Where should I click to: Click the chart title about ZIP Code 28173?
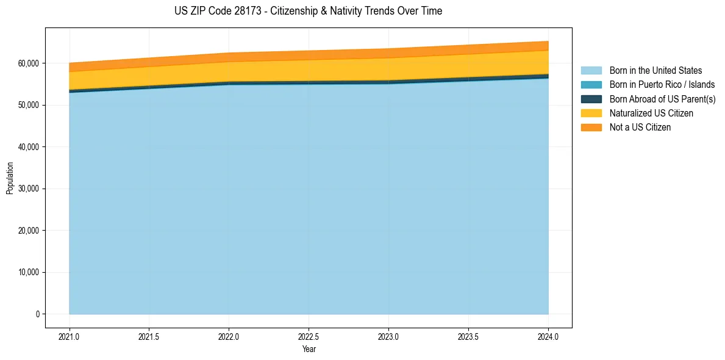tap(308, 11)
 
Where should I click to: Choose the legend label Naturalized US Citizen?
tap(651, 113)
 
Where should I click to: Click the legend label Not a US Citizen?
tap(640, 128)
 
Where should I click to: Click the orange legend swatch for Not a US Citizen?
tap(591, 128)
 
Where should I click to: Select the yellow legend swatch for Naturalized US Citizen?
tap(591, 113)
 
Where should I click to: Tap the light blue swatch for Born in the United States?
tap(591, 71)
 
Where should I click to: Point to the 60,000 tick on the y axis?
tap(28, 63)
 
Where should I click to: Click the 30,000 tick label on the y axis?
tap(28, 189)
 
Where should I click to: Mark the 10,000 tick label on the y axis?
tap(28, 273)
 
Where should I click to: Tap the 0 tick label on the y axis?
tap(37, 314)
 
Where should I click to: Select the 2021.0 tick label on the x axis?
tap(70, 336)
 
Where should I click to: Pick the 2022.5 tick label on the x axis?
tap(309, 336)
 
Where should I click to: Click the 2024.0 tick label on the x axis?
tap(548, 336)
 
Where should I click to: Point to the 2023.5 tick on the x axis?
tap(468, 336)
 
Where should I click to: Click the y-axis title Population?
tap(10, 178)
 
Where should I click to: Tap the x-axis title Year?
tap(309, 349)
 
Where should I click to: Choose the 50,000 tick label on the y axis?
tap(28, 105)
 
